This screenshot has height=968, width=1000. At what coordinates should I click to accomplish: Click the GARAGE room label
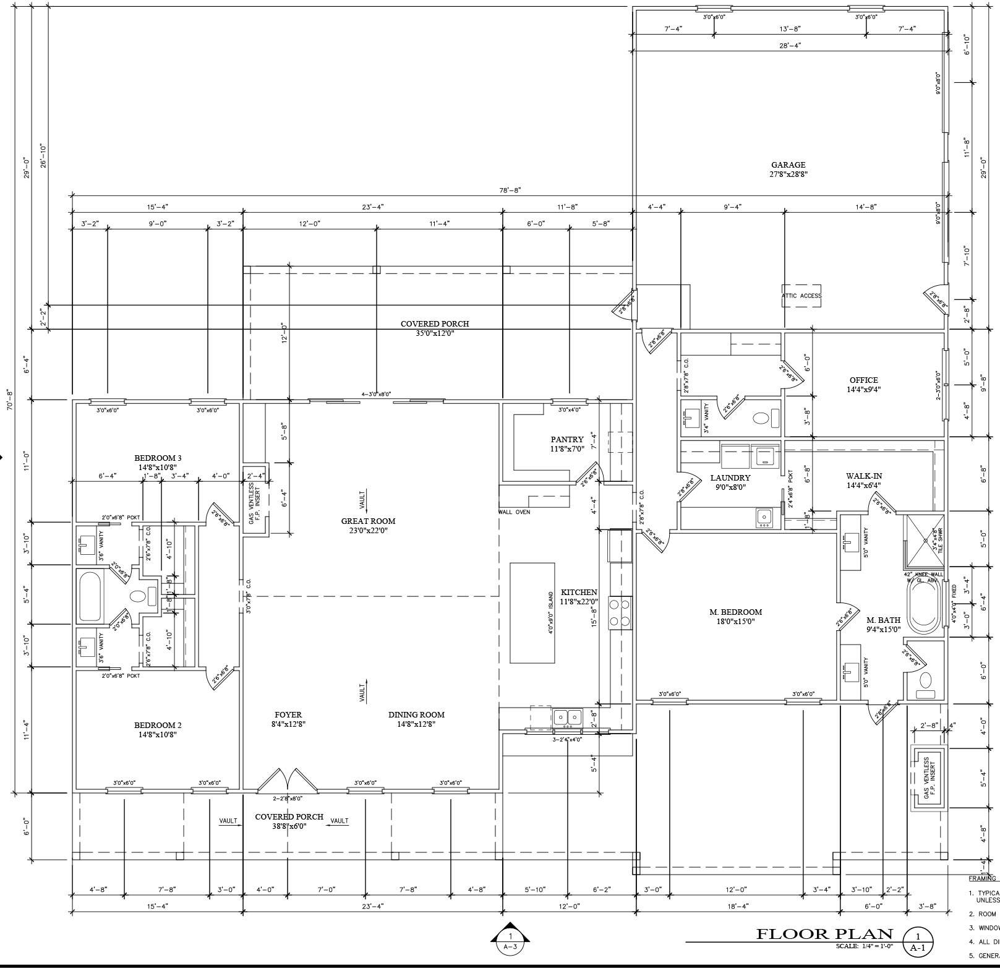coord(788,165)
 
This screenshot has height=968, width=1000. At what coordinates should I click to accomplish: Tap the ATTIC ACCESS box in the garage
coord(801,296)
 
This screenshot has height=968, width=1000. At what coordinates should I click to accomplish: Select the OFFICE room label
coord(863,380)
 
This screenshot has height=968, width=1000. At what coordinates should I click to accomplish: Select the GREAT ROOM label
coord(368,521)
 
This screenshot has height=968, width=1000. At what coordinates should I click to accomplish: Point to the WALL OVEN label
coord(514,512)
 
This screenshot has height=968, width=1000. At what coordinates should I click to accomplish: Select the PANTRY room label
coord(567,440)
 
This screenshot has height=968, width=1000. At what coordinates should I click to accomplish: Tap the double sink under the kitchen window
coord(567,717)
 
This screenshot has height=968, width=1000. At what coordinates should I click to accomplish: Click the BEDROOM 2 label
coord(158,725)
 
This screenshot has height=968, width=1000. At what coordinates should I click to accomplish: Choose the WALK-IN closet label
coord(864,476)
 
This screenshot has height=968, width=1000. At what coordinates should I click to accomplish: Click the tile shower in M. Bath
coord(925,541)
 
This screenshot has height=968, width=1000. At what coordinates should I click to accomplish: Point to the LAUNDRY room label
coord(730,478)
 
